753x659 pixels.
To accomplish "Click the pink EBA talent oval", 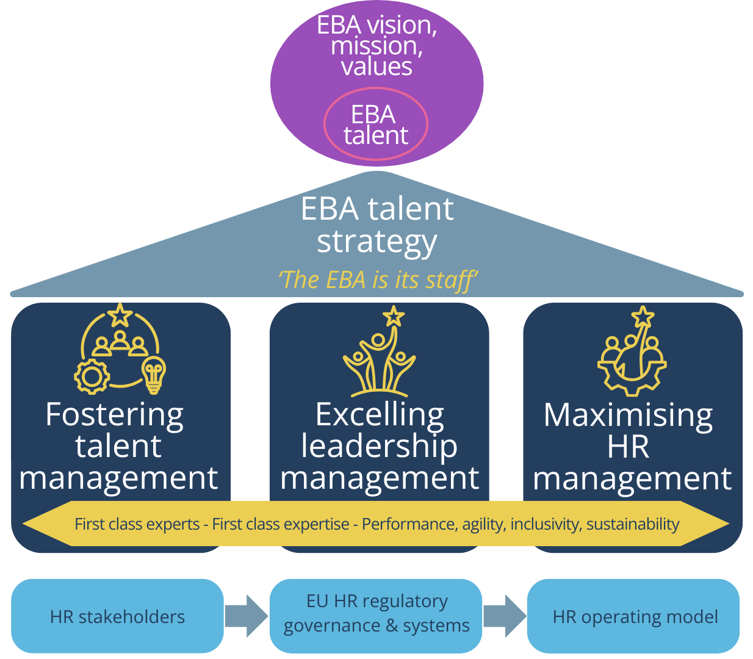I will [375, 124].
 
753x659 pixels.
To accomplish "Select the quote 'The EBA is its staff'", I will [377, 280].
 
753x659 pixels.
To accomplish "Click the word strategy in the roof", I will [376, 242].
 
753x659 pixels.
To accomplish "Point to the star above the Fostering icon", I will [120, 315].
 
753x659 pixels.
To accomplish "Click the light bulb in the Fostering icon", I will [153, 375].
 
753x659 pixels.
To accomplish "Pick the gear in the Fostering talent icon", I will [92, 375].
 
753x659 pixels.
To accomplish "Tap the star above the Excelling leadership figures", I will [394, 316].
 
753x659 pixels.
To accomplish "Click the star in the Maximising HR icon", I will [643, 317].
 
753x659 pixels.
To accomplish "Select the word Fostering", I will [115, 416].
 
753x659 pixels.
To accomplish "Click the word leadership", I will [379, 446].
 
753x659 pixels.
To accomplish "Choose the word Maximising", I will [628, 416].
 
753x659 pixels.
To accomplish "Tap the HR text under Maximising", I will [628, 447].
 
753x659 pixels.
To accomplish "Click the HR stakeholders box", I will [117, 616].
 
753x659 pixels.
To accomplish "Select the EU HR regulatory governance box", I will [376, 614].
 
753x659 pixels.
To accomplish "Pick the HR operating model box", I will [634, 616].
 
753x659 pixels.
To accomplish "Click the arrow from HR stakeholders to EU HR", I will [245, 616].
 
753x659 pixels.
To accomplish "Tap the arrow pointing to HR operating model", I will [505, 616].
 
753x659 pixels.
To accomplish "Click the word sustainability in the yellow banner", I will [633, 524].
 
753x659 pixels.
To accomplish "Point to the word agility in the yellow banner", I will [484, 524].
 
